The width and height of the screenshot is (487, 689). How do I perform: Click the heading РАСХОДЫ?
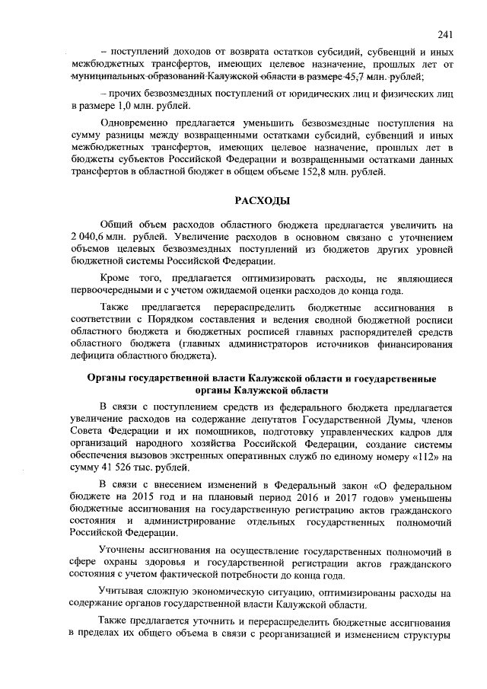[x=260, y=200]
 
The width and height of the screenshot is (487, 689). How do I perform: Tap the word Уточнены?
[x=125, y=551]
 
